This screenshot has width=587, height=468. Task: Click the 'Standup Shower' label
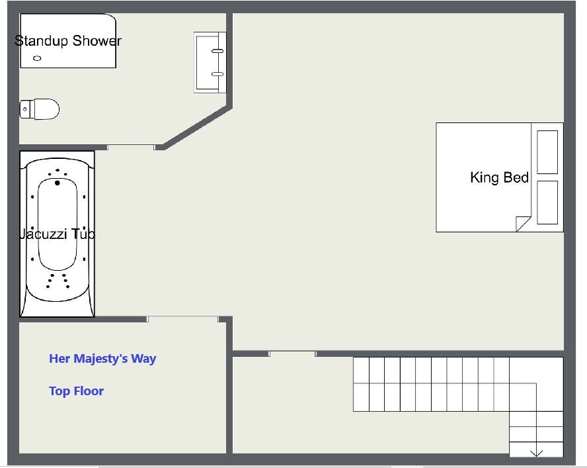point(68,40)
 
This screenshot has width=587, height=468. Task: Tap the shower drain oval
point(37,58)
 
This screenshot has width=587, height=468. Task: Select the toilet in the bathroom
point(40,109)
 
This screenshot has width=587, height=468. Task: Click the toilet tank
point(26,109)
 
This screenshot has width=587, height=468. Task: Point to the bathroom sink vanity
point(210,62)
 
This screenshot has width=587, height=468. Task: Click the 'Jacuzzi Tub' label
point(57,234)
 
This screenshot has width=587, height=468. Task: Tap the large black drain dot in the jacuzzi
point(58,183)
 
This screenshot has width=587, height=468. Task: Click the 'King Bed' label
point(499,177)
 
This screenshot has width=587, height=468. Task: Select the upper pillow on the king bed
point(547,152)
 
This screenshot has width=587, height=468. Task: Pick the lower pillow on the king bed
point(547,203)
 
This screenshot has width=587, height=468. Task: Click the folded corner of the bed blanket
point(523,224)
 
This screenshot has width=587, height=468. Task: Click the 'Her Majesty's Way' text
point(102,359)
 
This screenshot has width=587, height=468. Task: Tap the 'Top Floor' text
point(77,391)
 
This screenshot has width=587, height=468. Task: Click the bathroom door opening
point(131,148)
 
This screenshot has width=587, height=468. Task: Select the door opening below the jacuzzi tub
point(182,319)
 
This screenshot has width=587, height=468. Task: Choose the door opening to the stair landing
point(292,354)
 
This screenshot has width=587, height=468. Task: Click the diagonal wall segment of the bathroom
point(197,128)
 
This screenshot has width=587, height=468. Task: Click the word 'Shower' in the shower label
point(97,40)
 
